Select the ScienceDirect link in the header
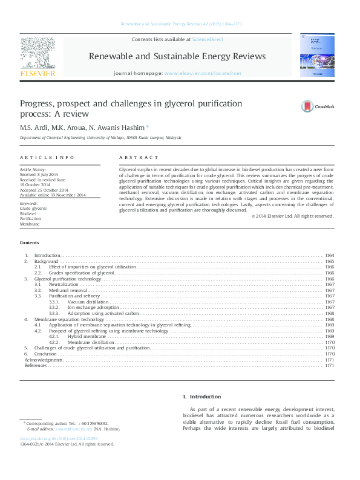click(x=208, y=39)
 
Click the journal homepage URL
click(x=198, y=73)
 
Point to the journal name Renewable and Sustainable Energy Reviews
click(x=177, y=56)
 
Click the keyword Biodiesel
click(x=28, y=213)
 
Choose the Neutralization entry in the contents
click(x=64, y=284)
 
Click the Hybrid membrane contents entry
click(x=83, y=336)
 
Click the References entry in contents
click(x=35, y=366)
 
